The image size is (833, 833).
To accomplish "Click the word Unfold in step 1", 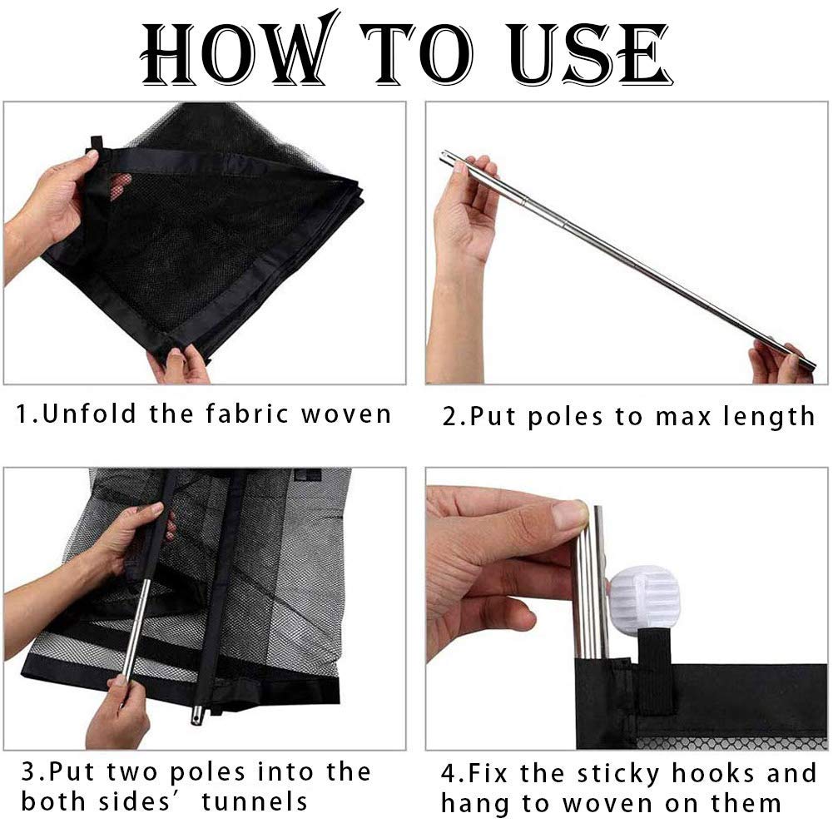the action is pos(89,414).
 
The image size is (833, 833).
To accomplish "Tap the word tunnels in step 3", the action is pos(255,801).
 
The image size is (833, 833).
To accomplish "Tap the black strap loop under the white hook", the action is pos(656,672).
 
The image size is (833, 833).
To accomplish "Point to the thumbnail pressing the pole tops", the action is pos(571,513).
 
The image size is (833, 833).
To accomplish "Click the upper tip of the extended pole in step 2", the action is pos(443,155).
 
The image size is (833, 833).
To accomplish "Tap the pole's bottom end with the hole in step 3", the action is pos(196,718).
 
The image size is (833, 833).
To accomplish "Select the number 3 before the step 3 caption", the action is pos(27,771).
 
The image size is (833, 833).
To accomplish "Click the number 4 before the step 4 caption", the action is pos(449,774).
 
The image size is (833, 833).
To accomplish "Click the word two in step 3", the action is pos(132,772).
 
